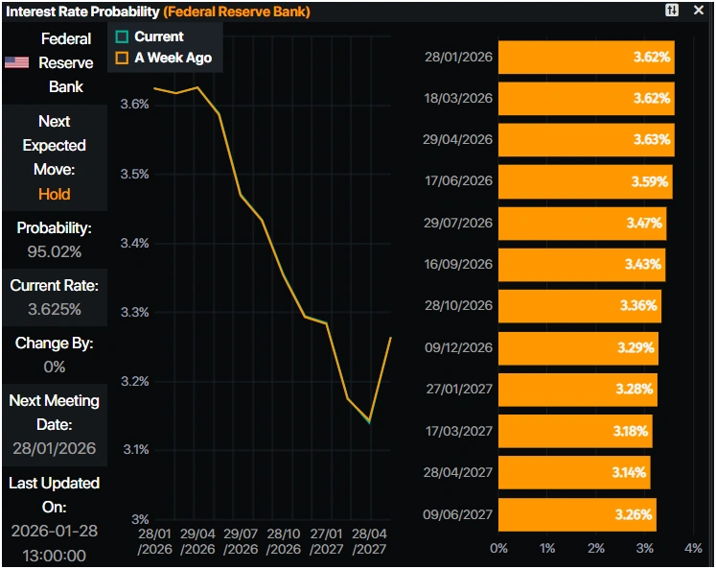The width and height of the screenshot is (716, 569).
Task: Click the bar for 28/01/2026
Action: pyautogui.click(x=586, y=58)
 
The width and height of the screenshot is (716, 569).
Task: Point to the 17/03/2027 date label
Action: pyautogui.click(x=458, y=431)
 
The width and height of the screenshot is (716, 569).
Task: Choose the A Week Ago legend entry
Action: pyautogui.click(x=163, y=59)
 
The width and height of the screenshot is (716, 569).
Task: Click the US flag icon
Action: pyautogui.click(x=16, y=62)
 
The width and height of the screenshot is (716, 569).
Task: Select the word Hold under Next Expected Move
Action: pyautogui.click(x=55, y=194)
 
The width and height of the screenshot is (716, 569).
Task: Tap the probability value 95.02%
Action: pyautogui.click(x=55, y=251)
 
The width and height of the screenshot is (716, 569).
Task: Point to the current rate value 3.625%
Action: pyautogui.click(x=55, y=309)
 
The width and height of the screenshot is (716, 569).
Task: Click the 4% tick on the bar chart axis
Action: pyautogui.click(x=693, y=548)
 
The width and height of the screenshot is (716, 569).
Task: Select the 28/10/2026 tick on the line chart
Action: pyautogui.click(x=285, y=541)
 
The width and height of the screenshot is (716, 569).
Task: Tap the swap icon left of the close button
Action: pyautogui.click(x=672, y=11)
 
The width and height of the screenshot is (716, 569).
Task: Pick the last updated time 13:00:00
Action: pyautogui.click(x=55, y=555)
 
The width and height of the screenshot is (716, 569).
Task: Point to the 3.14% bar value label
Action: pyautogui.click(x=629, y=472)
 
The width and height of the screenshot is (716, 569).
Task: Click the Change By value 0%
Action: pyautogui.click(x=55, y=367)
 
